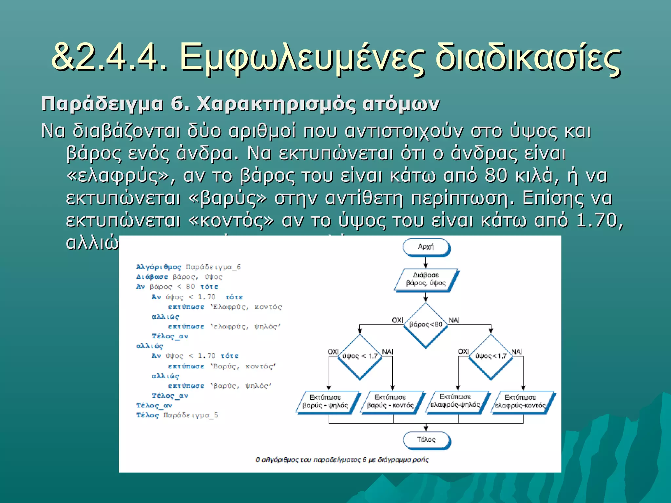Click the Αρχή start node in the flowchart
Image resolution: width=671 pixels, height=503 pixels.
pos(426,247)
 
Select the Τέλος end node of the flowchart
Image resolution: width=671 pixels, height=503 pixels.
pos(426,439)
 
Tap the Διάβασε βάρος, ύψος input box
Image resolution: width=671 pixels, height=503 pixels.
pos(426,279)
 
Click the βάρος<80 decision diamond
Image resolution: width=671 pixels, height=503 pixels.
pos(425,324)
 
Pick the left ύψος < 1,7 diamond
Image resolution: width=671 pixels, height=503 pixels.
pos(360,356)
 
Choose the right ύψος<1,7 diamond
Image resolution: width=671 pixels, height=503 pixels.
pos(491,356)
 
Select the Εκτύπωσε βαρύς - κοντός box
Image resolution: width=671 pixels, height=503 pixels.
pos(391,401)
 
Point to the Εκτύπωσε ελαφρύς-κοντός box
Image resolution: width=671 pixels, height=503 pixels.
pos(521,401)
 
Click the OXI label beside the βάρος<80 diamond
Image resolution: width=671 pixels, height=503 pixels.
pos(397,320)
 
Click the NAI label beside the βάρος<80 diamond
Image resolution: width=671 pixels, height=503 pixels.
pos(454,320)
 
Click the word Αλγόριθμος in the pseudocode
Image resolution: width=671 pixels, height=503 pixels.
pos(159,267)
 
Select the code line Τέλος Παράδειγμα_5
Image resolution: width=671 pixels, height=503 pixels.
pos(177,415)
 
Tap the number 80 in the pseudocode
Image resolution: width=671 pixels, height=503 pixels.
pos(190,287)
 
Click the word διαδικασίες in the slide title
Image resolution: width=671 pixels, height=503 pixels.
pos(527,58)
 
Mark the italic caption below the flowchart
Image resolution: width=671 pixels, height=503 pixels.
pos(342,460)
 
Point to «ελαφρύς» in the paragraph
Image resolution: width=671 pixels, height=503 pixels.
pos(117,176)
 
